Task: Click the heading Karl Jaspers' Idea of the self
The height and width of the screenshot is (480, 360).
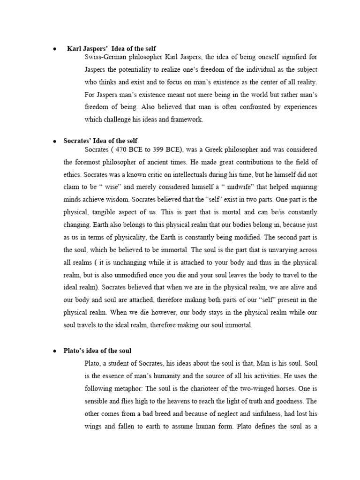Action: click(112, 49)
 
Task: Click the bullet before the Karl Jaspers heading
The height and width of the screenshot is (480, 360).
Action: click(54, 49)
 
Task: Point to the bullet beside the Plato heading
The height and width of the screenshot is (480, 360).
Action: click(54, 351)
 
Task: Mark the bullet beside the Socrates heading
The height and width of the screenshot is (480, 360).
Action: click(54, 141)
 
